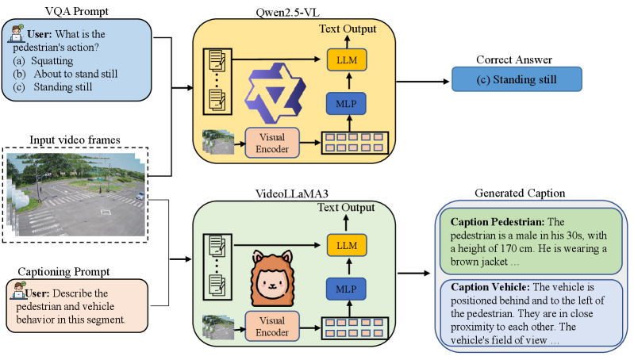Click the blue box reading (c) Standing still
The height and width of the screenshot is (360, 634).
tap(517, 79)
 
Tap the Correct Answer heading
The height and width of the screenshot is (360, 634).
tap(516, 59)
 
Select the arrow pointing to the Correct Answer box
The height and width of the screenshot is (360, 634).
tap(424, 80)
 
